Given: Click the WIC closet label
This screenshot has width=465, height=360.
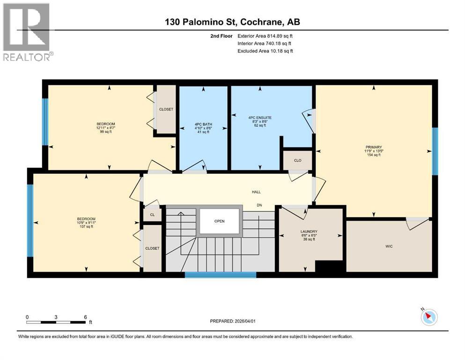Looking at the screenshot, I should point(388,246).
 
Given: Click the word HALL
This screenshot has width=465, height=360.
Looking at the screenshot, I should point(256,192).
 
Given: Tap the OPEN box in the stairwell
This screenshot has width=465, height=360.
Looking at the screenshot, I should point(220,221).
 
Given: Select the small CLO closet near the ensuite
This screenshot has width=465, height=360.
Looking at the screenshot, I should point(297,160).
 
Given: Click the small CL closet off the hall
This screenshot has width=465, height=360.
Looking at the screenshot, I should point(152,215).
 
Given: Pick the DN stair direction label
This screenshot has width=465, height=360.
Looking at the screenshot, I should point(258,205).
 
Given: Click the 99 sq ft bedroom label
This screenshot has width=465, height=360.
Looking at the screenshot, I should point(105,128).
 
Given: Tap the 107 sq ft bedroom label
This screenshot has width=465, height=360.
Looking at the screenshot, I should point(86,223).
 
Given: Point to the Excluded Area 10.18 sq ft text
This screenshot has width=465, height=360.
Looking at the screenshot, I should point(265,51).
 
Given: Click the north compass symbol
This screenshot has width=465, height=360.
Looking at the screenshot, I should point(428,317).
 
